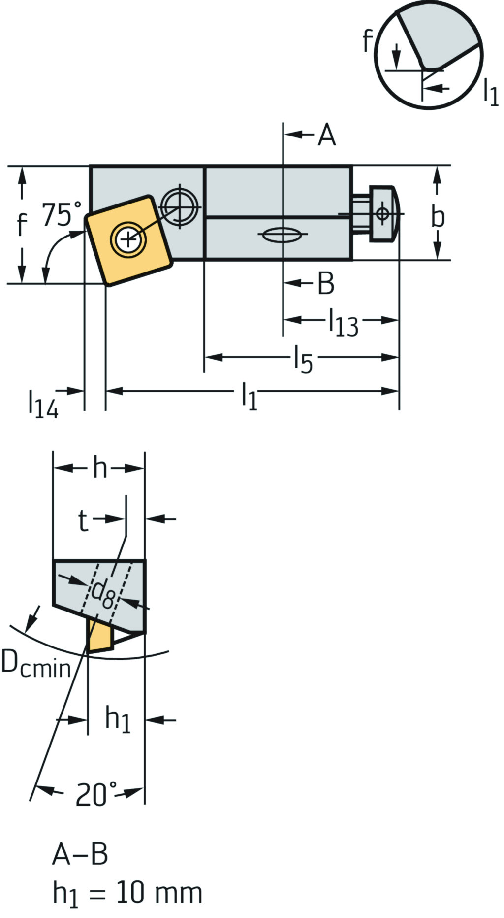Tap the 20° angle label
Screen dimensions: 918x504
click(x=97, y=794)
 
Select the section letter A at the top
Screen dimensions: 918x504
click(x=326, y=135)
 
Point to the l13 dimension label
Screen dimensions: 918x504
click(x=343, y=323)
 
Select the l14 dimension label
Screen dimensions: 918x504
click(x=43, y=404)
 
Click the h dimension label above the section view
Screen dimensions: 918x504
click(x=100, y=468)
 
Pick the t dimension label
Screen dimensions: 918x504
click(x=83, y=520)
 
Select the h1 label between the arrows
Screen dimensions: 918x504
click(x=118, y=720)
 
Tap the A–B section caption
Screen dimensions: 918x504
click(x=80, y=854)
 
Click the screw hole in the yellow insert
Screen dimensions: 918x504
click(x=128, y=240)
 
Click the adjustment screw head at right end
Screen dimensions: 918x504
click(x=383, y=214)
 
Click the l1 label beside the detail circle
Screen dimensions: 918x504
click(x=491, y=91)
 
